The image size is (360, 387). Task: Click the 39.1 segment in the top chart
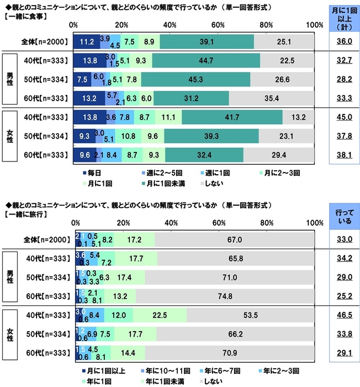(207, 41)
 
